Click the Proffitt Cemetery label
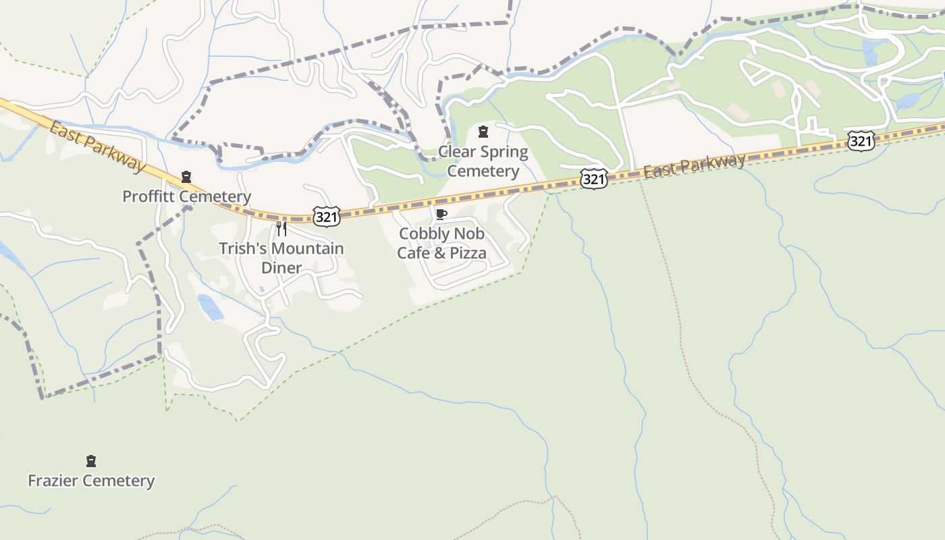coord(186,196)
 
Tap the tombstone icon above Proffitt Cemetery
coord(186,178)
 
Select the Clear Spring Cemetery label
coord(483,161)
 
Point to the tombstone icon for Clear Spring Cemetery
coord(483,131)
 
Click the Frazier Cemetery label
coord(91,481)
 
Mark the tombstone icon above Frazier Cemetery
coord(91,462)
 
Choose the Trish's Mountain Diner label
coord(281,258)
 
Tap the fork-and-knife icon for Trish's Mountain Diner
coord(281,228)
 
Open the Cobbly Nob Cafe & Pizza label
coord(441,243)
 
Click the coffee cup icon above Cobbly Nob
coord(441,215)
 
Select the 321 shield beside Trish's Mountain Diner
coord(327,217)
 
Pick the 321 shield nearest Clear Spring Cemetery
coord(593,179)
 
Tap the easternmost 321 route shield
coord(861,141)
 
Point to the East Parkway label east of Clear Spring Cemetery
coord(695,165)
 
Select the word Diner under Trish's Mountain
coord(281,268)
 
